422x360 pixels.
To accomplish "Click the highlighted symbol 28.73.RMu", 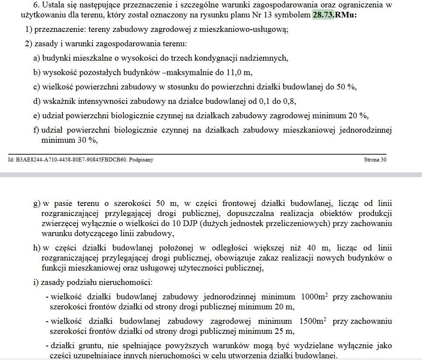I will tap(335, 15).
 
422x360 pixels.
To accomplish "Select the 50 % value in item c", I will tap(347, 86).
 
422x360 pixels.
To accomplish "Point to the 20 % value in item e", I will tap(359, 115).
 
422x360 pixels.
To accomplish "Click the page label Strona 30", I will tap(375, 160).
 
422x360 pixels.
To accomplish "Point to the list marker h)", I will tap(37, 247).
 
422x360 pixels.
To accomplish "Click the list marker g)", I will tap(37, 203).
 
